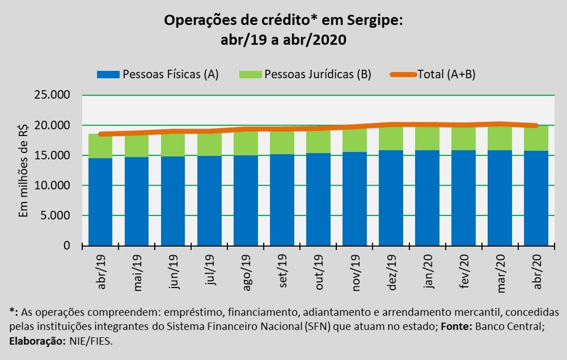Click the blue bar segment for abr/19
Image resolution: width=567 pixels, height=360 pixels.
click(100, 202)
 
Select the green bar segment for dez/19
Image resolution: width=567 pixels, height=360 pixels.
click(391, 138)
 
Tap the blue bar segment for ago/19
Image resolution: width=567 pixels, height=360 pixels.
click(246, 200)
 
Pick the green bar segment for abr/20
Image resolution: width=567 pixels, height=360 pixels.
click(537, 139)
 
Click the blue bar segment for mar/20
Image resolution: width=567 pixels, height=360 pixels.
click(500, 198)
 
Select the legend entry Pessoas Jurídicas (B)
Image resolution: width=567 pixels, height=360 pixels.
click(317, 74)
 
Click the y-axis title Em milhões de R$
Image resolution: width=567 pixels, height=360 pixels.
click(24, 170)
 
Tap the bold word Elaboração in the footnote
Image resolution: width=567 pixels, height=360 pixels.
click(38, 341)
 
